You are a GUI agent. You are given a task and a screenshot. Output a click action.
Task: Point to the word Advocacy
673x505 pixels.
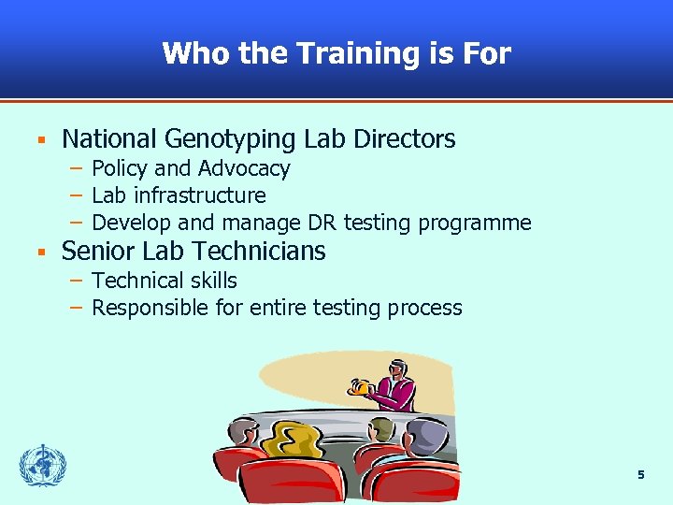[x=243, y=168]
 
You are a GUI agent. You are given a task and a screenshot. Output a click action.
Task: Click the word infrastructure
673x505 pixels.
[x=199, y=195]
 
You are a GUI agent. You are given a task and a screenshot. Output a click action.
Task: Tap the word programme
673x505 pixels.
[x=476, y=224]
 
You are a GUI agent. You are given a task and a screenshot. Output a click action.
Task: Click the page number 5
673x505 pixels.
[x=640, y=475]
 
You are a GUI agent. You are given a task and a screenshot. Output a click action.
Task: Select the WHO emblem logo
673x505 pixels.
[x=42, y=465]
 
